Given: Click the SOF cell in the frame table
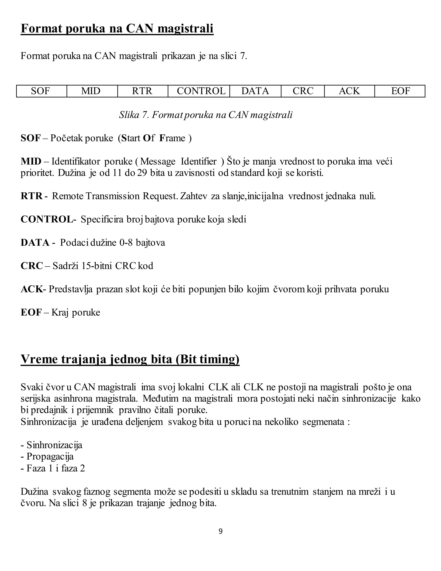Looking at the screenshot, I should coord(40,91).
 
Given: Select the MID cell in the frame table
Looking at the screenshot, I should coord(91,91).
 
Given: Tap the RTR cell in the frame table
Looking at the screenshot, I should coord(142,91).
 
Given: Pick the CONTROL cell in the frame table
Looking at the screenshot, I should coord(201,91).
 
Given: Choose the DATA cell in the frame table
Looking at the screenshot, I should coord(255,91).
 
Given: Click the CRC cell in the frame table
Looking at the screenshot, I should coord(303,91).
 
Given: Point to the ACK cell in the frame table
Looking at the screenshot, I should coord(349,91).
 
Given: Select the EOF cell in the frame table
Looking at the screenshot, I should coord(401,91).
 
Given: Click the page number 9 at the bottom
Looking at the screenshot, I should coord(220,531).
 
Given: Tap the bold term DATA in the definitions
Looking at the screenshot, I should coord(35,243).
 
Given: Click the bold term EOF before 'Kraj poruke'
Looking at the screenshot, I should coord(31,312).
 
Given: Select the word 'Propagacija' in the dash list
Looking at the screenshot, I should coord(50,457).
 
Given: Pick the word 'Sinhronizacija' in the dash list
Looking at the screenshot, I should coord(54,445).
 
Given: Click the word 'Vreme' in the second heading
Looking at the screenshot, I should coord(39,359).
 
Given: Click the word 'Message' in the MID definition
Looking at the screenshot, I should coord(158,162).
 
